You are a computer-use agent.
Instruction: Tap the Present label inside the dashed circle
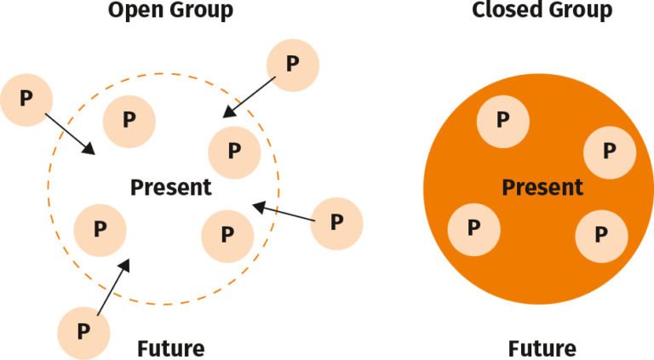(170, 187)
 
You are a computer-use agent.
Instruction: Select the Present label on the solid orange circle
(542, 187)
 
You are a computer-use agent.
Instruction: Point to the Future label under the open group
(170, 349)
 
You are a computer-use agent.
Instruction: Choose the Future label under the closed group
(542, 349)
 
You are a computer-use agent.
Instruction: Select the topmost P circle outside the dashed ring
(293, 65)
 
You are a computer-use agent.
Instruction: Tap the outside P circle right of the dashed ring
(336, 223)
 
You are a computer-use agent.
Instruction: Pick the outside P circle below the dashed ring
(83, 330)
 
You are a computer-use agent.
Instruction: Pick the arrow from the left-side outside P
(70, 134)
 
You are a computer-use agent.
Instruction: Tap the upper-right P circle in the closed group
(608, 151)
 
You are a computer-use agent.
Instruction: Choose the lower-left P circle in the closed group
(473, 227)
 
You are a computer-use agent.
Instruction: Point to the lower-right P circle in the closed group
(601, 234)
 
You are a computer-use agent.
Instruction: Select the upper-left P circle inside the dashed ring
(129, 120)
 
